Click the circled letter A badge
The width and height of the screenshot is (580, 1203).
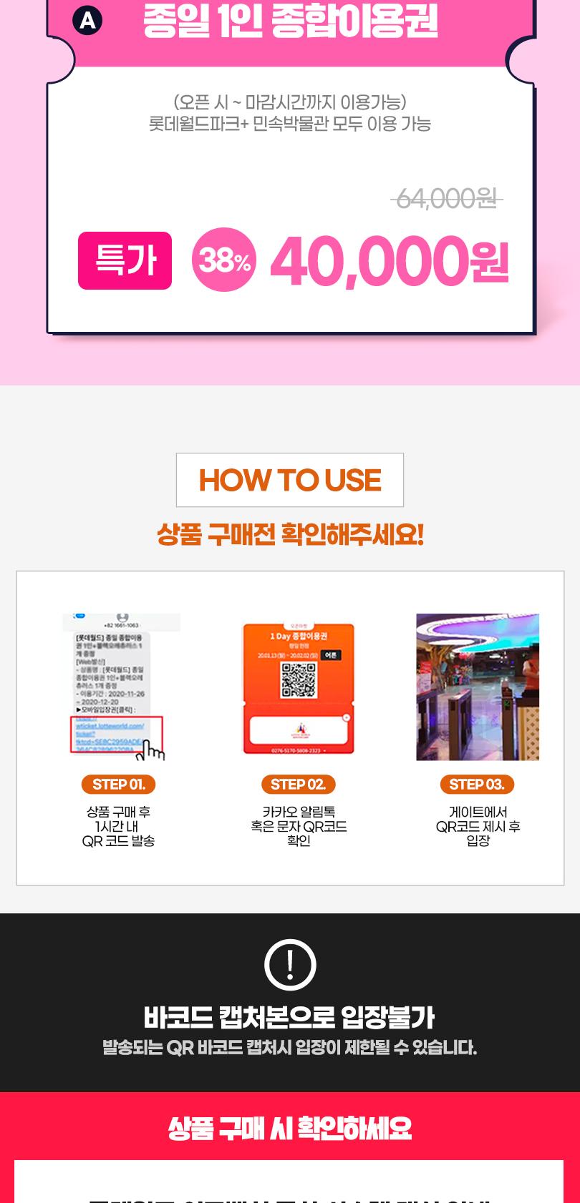click(87, 21)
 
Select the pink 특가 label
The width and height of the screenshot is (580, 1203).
click(125, 260)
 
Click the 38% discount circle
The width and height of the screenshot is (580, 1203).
click(223, 260)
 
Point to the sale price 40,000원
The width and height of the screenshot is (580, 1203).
click(389, 260)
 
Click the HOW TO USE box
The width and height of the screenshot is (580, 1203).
click(289, 480)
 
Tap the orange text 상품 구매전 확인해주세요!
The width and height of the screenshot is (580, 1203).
click(289, 534)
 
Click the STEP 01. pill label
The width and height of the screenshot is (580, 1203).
click(119, 785)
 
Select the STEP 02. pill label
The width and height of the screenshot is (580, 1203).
click(298, 785)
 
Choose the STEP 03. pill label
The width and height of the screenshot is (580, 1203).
click(477, 785)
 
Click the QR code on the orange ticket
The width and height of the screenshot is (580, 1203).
click(298, 679)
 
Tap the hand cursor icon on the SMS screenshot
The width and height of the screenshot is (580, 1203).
click(153, 750)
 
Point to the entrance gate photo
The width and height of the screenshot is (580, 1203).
click(477, 687)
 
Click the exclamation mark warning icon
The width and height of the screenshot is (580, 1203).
click(289, 965)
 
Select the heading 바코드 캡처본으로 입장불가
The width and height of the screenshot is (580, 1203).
click(289, 1017)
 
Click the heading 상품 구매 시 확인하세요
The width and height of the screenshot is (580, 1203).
click(289, 1129)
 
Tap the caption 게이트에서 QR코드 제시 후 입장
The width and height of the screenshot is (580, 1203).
click(477, 826)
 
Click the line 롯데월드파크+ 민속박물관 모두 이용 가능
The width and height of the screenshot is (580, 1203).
click(289, 124)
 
